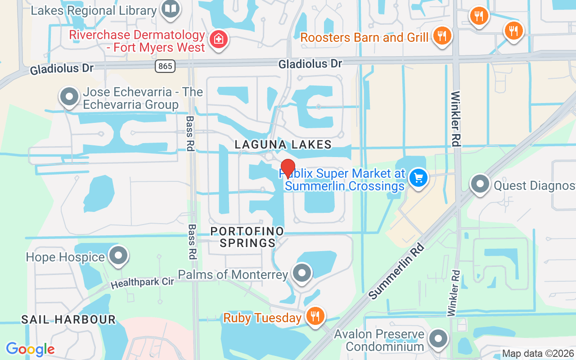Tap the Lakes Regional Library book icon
[x=171, y=9]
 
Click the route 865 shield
[x=165, y=66]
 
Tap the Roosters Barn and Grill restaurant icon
[x=442, y=36]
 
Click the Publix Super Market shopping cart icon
[x=418, y=178]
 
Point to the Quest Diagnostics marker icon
[x=480, y=184]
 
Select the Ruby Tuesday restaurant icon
[x=315, y=316]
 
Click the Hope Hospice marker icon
[x=118, y=256]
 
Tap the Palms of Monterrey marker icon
[x=302, y=273]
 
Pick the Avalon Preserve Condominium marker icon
[x=438, y=339]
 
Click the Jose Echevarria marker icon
[x=70, y=97]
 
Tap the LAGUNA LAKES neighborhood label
[x=283, y=144]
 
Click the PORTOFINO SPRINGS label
[x=247, y=237]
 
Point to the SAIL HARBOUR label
[x=68, y=320]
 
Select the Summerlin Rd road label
[x=397, y=271]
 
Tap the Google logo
[x=30, y=349]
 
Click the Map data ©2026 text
[x=538, y=354]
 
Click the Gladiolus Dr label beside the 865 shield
[x=62, y=69]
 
